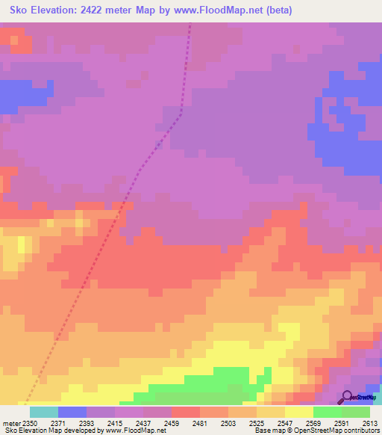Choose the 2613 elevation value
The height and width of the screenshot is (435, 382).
coord(370,422)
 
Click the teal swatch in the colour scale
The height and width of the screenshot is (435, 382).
coord(43,412)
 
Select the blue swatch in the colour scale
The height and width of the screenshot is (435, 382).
coord(72,412)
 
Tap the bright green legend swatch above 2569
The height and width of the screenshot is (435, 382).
coord(328,412)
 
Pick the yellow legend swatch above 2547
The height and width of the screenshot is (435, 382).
coord(299,412)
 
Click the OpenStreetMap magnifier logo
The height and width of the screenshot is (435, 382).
coord(347,398)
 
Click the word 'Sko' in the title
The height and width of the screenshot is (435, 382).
coord(22,10)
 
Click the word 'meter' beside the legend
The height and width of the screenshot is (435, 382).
coord(12,422)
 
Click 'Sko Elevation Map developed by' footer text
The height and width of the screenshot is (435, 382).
coord(52,431)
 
